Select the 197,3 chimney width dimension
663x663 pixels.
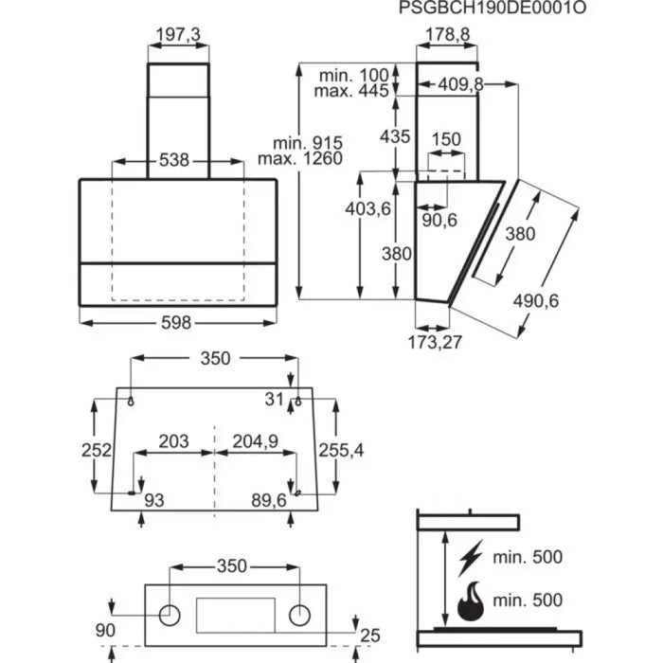177,35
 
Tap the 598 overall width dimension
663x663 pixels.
177,323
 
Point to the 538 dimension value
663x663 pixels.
177,161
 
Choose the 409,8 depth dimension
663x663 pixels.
461,84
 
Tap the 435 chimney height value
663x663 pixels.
396,136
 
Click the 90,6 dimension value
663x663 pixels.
439,221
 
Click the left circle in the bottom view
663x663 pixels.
170,614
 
